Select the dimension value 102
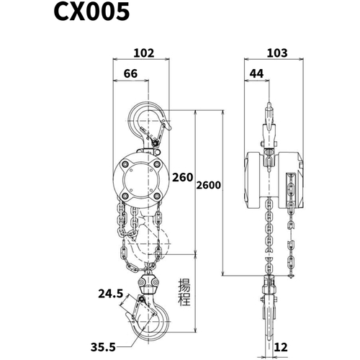pyautogui.click(x=145, y=53)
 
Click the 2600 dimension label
pyautogui.click(x=207, y=186)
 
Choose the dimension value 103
pyautogui.click(x=276, y=53)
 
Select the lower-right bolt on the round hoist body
pyautogui.click(x=156, y=195)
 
